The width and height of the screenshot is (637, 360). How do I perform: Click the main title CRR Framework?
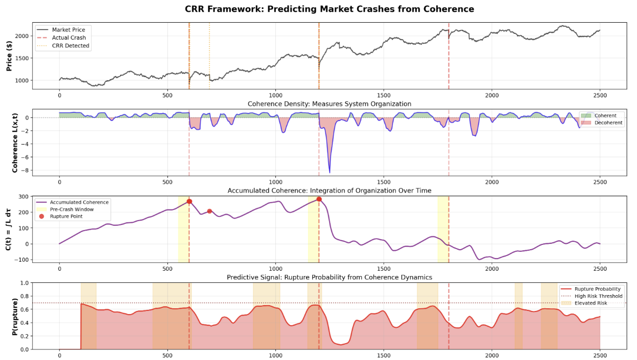[329, 9]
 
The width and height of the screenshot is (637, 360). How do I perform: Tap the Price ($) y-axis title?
[9, 55]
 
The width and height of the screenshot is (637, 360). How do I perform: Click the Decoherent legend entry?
[607, 123]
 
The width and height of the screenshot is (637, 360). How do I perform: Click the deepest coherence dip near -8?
[330, 172]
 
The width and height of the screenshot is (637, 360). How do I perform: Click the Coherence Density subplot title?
[329, 104]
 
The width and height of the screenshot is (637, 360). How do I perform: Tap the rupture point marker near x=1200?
[319, 199]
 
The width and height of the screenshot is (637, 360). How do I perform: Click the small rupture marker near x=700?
[210, 211]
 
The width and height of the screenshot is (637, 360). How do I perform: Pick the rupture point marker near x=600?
[189, 202]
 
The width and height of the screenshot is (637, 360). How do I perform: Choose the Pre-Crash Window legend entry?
[76, 209]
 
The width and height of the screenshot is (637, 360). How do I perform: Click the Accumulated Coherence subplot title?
[329, 191]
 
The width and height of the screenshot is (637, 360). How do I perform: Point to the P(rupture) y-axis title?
[9, 316]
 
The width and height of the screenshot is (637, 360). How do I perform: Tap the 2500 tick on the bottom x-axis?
[600, 356]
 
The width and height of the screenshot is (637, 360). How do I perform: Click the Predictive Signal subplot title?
[329, 277]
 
